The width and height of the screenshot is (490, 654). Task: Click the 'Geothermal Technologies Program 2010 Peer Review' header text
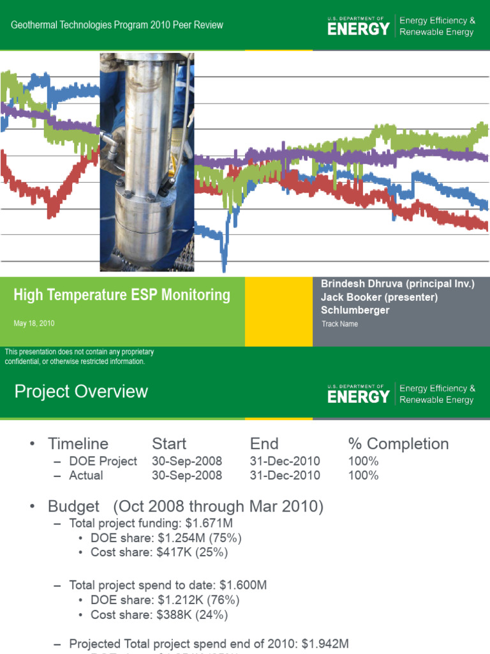[x=118, y=25]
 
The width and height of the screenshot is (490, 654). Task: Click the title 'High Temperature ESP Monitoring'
[x=122, y=295]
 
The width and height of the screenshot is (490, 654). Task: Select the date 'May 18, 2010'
[x=34, y=324]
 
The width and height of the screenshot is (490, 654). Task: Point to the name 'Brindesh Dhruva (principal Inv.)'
[x=397, y=284]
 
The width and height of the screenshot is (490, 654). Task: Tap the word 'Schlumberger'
[x=355, y=310]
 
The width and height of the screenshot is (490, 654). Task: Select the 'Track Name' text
[x=339, y=324]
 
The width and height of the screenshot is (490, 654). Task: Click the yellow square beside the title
[x=278, y=312]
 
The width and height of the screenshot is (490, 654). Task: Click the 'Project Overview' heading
[x=81, y=392]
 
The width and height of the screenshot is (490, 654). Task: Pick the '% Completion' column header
[x=398, y=444]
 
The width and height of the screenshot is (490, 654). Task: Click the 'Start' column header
[x=169, y=444]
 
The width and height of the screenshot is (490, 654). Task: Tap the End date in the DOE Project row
[x=285, y=461]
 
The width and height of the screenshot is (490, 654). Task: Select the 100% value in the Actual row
[x=363, y=475]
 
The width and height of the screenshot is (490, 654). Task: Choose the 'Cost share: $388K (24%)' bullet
[x=159, y=615]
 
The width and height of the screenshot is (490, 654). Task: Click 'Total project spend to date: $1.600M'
[x=168, y=584]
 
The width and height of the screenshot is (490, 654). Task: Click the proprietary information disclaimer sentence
[x=79, y=357]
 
